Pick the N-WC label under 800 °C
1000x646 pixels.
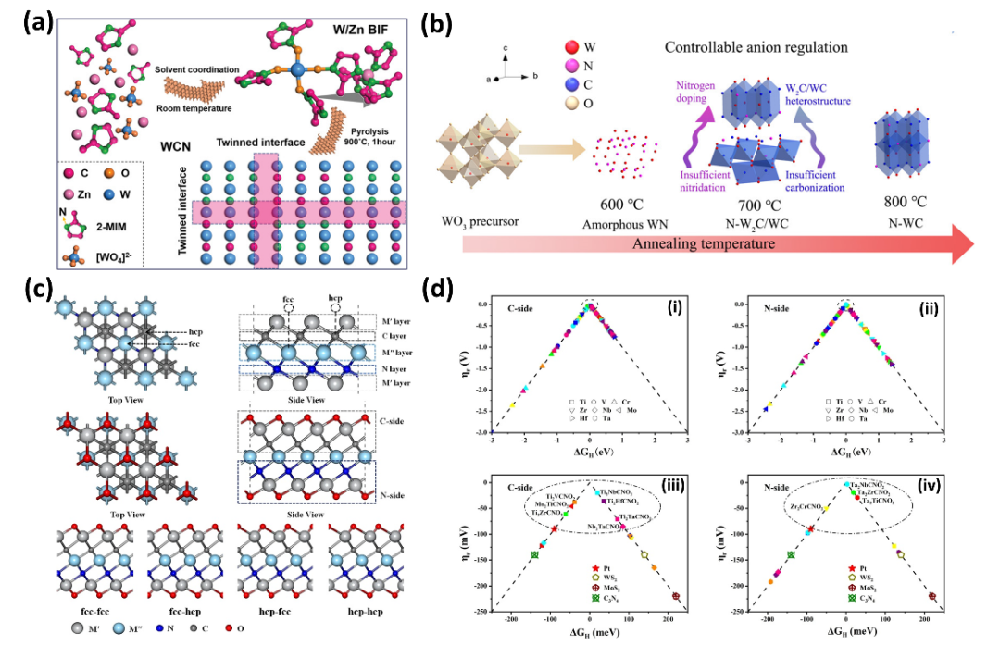click(906, 222)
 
